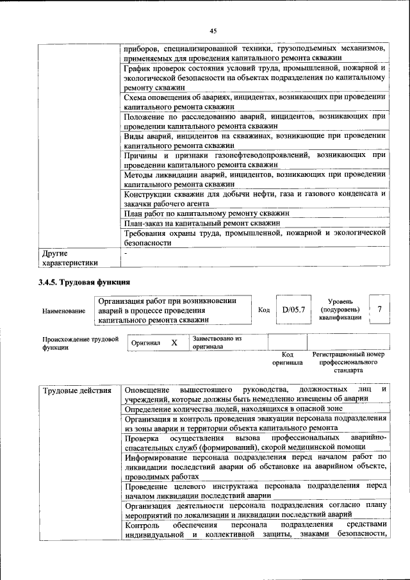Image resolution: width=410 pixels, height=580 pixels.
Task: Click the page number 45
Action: [213, 30]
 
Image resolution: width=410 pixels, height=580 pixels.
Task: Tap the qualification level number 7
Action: [380, 310]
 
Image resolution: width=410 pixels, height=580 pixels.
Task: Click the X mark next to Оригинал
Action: [174, 343]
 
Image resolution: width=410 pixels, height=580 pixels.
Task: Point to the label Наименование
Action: [63, 311]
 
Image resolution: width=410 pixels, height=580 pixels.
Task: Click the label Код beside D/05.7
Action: [263, 310]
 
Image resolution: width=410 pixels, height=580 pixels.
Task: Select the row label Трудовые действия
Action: [71, 391]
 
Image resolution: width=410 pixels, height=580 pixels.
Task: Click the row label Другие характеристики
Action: [70, 258]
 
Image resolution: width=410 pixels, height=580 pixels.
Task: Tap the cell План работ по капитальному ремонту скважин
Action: [207, 213]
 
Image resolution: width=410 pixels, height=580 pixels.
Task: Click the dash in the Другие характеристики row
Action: [126, 254]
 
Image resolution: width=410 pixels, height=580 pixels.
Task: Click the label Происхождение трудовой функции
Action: [80, 343]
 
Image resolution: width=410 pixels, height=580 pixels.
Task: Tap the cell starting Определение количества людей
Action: [233, 408]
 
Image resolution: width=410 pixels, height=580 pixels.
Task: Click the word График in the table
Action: [140, 67]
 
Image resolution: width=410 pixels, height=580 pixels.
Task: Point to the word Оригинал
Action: [145, 343]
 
